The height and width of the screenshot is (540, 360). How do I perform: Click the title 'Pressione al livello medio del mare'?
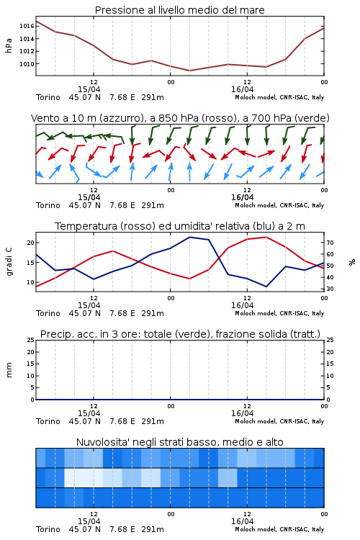tap(179, 10)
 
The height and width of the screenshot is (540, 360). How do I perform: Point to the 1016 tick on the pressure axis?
tap(27, 26)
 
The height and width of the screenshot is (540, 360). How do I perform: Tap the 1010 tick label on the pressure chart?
tap(27, 64)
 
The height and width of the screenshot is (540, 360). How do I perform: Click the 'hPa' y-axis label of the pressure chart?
tap(9, 45)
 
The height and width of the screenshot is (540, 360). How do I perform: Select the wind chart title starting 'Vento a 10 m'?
tap(180, 118)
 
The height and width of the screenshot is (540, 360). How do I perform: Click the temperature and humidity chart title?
tap(180, 226)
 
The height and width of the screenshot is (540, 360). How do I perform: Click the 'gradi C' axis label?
tap(9, 262)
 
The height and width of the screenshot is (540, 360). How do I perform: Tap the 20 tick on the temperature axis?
tap(31, 243)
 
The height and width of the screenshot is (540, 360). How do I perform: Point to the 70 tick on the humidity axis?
tap(330, 243)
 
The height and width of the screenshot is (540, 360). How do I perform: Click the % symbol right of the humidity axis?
tap(352, 262)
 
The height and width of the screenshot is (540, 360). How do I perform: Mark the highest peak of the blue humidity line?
tap(189, 237)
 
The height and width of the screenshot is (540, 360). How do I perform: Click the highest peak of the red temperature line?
tap(266, 237)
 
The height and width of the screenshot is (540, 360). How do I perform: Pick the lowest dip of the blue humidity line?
tap(266, 287)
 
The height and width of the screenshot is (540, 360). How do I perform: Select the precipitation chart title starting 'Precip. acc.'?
tap(180, 334)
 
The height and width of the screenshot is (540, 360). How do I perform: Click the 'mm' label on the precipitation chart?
tap(9, 370)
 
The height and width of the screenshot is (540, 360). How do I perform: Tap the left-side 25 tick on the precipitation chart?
tap(31, 341)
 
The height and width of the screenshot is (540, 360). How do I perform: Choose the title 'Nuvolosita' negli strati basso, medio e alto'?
tap(179, 442)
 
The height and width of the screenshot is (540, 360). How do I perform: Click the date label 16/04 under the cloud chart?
tap(242, 521)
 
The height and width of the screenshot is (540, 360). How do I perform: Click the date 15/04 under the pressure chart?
tap(89, 89)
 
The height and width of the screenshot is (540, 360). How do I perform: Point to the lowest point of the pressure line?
tap(189, 71)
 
